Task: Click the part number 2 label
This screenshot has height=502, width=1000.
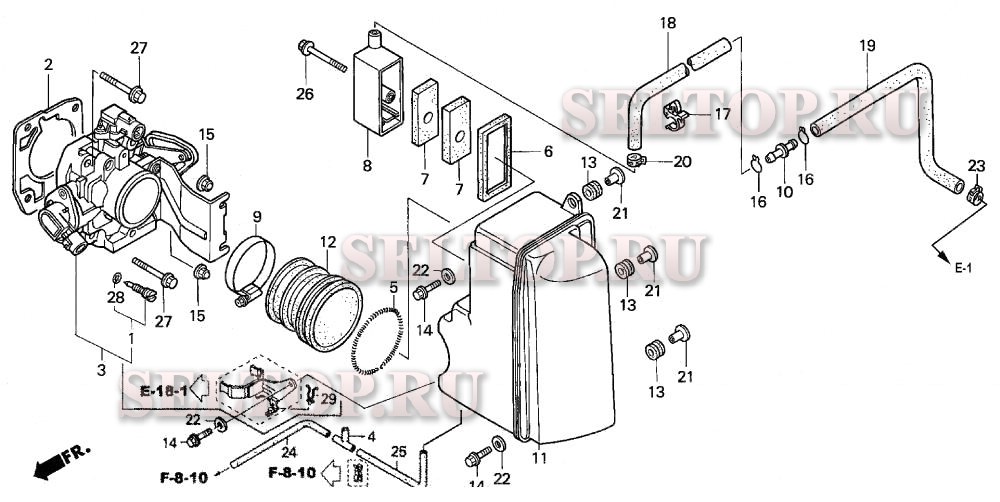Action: (47, 65)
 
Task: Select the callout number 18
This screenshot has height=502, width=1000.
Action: (668, 22)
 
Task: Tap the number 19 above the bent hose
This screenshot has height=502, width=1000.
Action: (867, 45)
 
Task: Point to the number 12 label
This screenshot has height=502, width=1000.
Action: (328, 242)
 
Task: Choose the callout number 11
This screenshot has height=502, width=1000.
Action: (539, 459)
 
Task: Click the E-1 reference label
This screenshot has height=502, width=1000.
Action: (962, 268)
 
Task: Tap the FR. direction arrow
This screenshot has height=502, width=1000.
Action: (58, 461)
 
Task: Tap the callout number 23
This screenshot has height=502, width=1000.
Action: (976, 165)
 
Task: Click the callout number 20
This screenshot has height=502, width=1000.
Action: (682, 161)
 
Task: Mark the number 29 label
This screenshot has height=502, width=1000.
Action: (327, 398)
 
